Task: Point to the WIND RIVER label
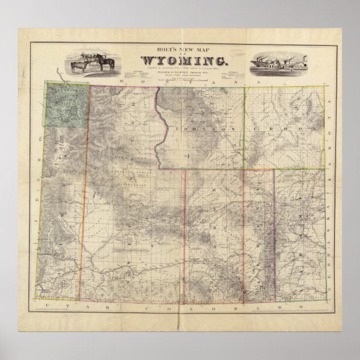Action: [x=130, y=163]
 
